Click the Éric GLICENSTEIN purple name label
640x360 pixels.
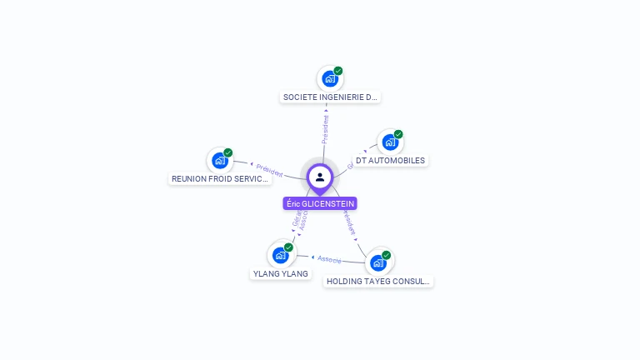(x=320, y=203)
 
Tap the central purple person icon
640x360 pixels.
(x=320, y=177)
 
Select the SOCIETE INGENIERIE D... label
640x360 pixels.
(x=331, y=97)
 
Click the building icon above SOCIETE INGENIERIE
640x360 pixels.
(x=330, y=79)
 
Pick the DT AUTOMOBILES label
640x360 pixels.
(x=390, y=160)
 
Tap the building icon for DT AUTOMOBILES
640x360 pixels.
(x=390, y=142)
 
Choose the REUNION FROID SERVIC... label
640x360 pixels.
(x=220, y=178)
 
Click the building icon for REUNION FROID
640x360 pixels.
(x=220, y=161)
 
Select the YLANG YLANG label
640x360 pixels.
(x=280, y=273)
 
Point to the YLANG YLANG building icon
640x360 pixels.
(x=280, y=255)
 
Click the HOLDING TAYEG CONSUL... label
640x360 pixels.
(x=378, y=282)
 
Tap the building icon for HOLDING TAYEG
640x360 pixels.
(x=378, y=263)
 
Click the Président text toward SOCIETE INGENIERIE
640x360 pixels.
(x=326, y=128)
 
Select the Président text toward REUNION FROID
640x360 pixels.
(x=269, y=169)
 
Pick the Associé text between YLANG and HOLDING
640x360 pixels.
(x=329, y=259)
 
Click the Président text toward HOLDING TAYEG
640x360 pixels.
(x=351, y=223)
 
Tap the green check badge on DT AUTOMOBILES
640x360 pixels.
(x=398, y=134)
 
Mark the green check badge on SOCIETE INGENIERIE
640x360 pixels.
(x=338, y=71)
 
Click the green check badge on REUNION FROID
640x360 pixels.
(x=228, y=152)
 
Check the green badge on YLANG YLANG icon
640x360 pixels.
(x=288, y=247)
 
